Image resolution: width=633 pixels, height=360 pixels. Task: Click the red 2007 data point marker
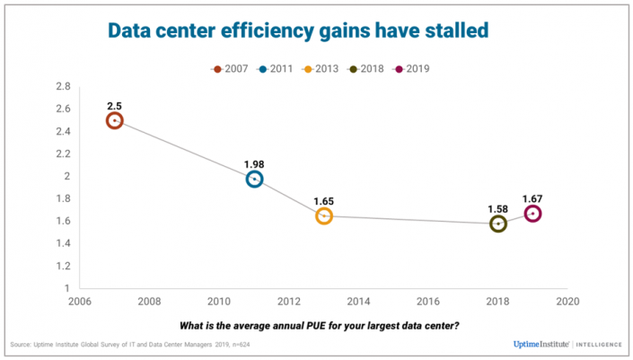pos(114,120)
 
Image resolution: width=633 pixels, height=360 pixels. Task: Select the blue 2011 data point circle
pos(255,179)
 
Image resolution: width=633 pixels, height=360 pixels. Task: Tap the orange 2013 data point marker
pos(324,216)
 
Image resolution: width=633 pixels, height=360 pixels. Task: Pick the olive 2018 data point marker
pos(498,224)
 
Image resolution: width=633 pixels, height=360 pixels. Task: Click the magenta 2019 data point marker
pos(532,214)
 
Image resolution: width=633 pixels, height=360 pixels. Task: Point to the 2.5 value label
pos(114,104)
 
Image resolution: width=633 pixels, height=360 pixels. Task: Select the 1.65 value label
pos(324,200)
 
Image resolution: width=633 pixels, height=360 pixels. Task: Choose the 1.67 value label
pos(534,198)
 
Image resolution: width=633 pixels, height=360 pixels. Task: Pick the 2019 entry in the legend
pos(414,69)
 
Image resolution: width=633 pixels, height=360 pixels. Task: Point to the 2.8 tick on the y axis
pos(63,86)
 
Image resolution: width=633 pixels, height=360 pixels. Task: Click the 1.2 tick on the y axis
pos(63,267)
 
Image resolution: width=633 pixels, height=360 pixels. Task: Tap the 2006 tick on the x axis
pos(81,302)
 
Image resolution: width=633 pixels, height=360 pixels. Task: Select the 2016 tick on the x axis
pos(427,302)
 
